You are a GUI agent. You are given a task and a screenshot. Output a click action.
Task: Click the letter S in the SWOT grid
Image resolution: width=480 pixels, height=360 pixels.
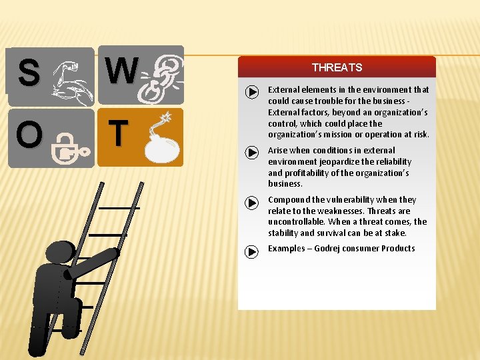pyautogui.click(x=28, y=73)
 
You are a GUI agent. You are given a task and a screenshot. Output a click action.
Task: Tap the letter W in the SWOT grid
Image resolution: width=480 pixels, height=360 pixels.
pyautogui.click(x=121, y=71)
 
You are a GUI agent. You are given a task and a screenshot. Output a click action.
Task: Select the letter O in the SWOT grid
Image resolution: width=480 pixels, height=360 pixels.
pyautogui.click(x=29, y=135)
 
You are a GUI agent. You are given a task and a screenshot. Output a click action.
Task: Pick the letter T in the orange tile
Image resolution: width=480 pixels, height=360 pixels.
pyautogui.click(x=117, y=133)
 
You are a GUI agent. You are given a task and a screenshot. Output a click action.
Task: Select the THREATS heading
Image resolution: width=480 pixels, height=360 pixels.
pyautogui.click(x=337, y=67)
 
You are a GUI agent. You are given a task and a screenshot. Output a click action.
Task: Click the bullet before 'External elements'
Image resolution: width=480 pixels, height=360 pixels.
pyautogui.click(x=251, y=92)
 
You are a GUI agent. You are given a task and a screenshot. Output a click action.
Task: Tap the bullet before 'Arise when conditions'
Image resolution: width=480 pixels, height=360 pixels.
pyautogui.click(x=251, y=153)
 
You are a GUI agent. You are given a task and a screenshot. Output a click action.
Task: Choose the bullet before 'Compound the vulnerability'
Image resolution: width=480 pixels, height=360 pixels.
pyautogui.click(x=251, y=202)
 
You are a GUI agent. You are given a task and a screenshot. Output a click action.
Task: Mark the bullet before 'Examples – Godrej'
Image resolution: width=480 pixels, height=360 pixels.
pyautogui.click(x=251, y=251)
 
